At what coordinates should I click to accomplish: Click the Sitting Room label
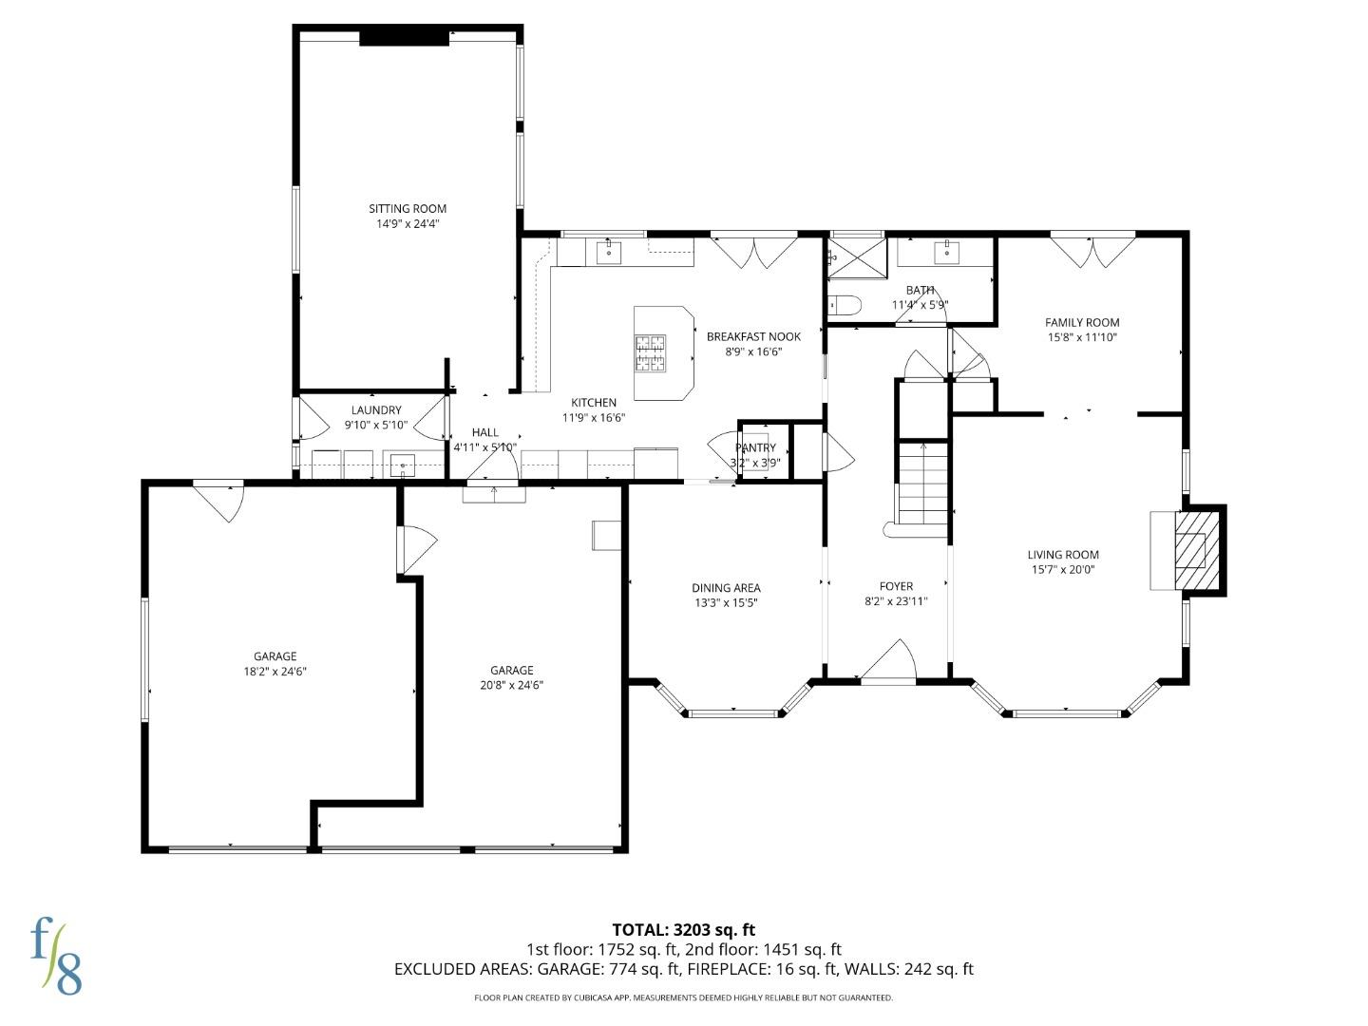coord(408,209)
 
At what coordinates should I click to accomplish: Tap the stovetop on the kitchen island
coord(651,353)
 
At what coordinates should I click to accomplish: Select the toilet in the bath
coord(845,305)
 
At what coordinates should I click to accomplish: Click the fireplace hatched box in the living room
coord(1190,551)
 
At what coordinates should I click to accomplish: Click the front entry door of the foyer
coord(888,665)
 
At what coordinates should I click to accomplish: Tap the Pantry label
coord(755,448)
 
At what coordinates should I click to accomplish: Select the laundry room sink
coord(403,465)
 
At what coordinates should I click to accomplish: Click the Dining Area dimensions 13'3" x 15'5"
coord(726,603)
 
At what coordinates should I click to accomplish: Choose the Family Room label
coord(1082,322)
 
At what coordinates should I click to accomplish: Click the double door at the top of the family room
coord(1092,251)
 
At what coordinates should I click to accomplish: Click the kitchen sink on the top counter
coord(608,252)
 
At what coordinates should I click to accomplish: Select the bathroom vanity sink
coord(946,252)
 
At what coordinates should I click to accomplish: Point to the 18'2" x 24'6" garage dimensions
coord(275,672)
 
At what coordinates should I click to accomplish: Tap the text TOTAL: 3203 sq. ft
coord(683,930)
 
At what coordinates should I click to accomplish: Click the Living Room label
coord(1063,555)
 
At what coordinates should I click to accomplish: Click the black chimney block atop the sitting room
coord(404,37)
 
